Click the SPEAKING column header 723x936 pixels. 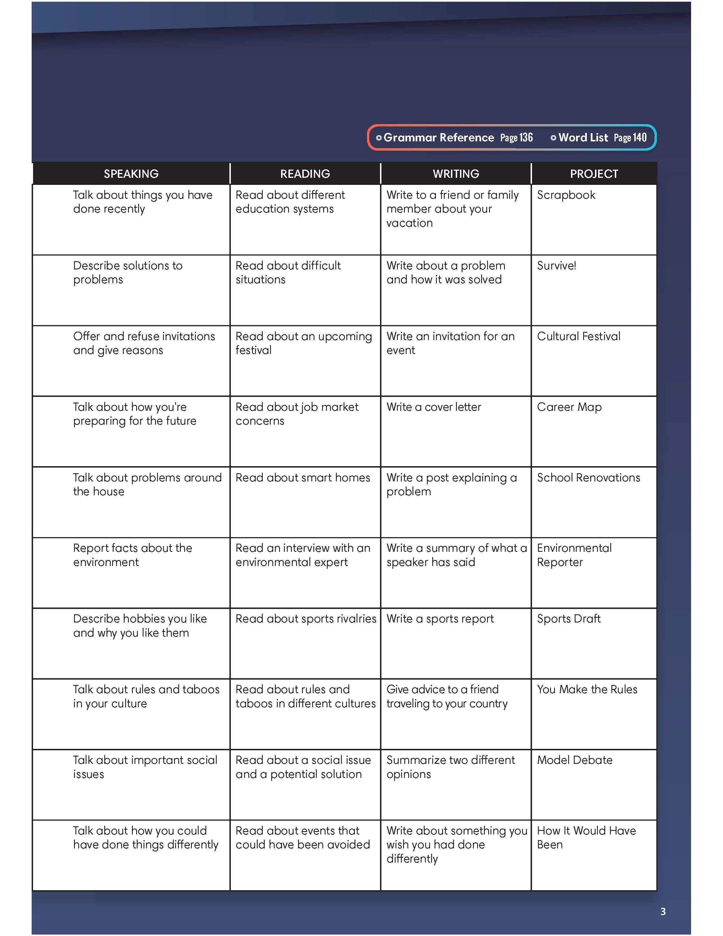[x=131, y=174]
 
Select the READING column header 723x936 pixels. [x=305, y=174]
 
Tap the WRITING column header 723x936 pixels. [x=456, y=174]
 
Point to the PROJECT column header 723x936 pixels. [x=594, y=174]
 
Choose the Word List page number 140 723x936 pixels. [x=639, y=138]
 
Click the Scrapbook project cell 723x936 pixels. [x=566, y=195]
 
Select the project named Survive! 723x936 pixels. [x=556, y=266]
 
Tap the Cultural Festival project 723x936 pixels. [x=578, y=336]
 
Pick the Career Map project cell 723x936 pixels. [x=569, y=407]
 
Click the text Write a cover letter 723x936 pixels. [x=433, y=407]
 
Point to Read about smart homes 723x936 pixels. [x=302, y=478]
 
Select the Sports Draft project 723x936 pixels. [x=568, y=619]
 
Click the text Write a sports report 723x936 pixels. [x=440, y=619]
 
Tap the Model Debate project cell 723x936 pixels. [x=574, y=760]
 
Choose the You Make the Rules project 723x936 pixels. [x=587, y=689]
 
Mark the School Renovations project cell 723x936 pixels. [x=588, y=478]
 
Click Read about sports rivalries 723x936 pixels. [x=305, y=619]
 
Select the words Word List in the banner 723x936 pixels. [x=583, y=138]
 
